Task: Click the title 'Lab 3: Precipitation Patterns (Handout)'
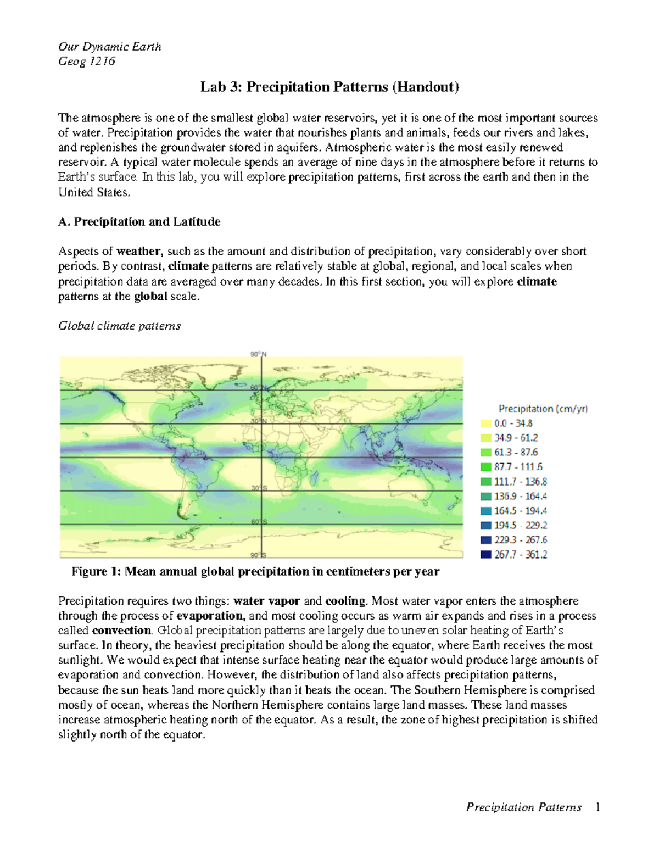pos(329,87)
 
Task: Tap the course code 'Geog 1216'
pos(87,62)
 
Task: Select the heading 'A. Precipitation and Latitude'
pos(139,222)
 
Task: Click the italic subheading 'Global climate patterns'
pos(119,326)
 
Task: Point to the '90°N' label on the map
pos(259,354)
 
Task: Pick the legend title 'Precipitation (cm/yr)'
pos(543,409)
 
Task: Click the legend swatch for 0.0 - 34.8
pos(485,423)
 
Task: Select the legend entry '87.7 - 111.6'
pos(518,467)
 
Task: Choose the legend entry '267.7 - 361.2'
pos(521,555)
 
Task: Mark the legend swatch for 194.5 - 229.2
pos(485,526)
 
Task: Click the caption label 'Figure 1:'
pos(96,572)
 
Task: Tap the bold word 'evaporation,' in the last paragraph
pos(210,616)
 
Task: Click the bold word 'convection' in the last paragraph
pos(121,631)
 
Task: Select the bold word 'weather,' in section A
pos(139,252)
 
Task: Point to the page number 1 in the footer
pos(597,807)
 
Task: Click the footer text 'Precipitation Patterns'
pos(523,807)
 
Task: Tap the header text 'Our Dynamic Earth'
pos(110,47)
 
